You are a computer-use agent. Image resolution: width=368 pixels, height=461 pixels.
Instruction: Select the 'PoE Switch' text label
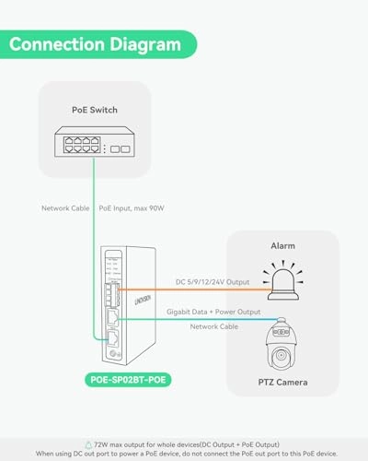(96, 110)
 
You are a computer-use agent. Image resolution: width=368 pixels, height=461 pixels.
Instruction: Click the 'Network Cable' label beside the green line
(66, 209)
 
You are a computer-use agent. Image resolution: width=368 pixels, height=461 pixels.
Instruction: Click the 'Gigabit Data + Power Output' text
(224, 313)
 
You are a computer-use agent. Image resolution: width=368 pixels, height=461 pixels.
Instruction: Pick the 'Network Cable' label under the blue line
(214, 326)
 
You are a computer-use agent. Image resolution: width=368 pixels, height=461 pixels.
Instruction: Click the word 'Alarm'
(282, 246)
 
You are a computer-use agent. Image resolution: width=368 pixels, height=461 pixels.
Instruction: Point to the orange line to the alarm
(202, 290)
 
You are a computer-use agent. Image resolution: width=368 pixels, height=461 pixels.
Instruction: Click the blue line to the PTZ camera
(202, 319)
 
